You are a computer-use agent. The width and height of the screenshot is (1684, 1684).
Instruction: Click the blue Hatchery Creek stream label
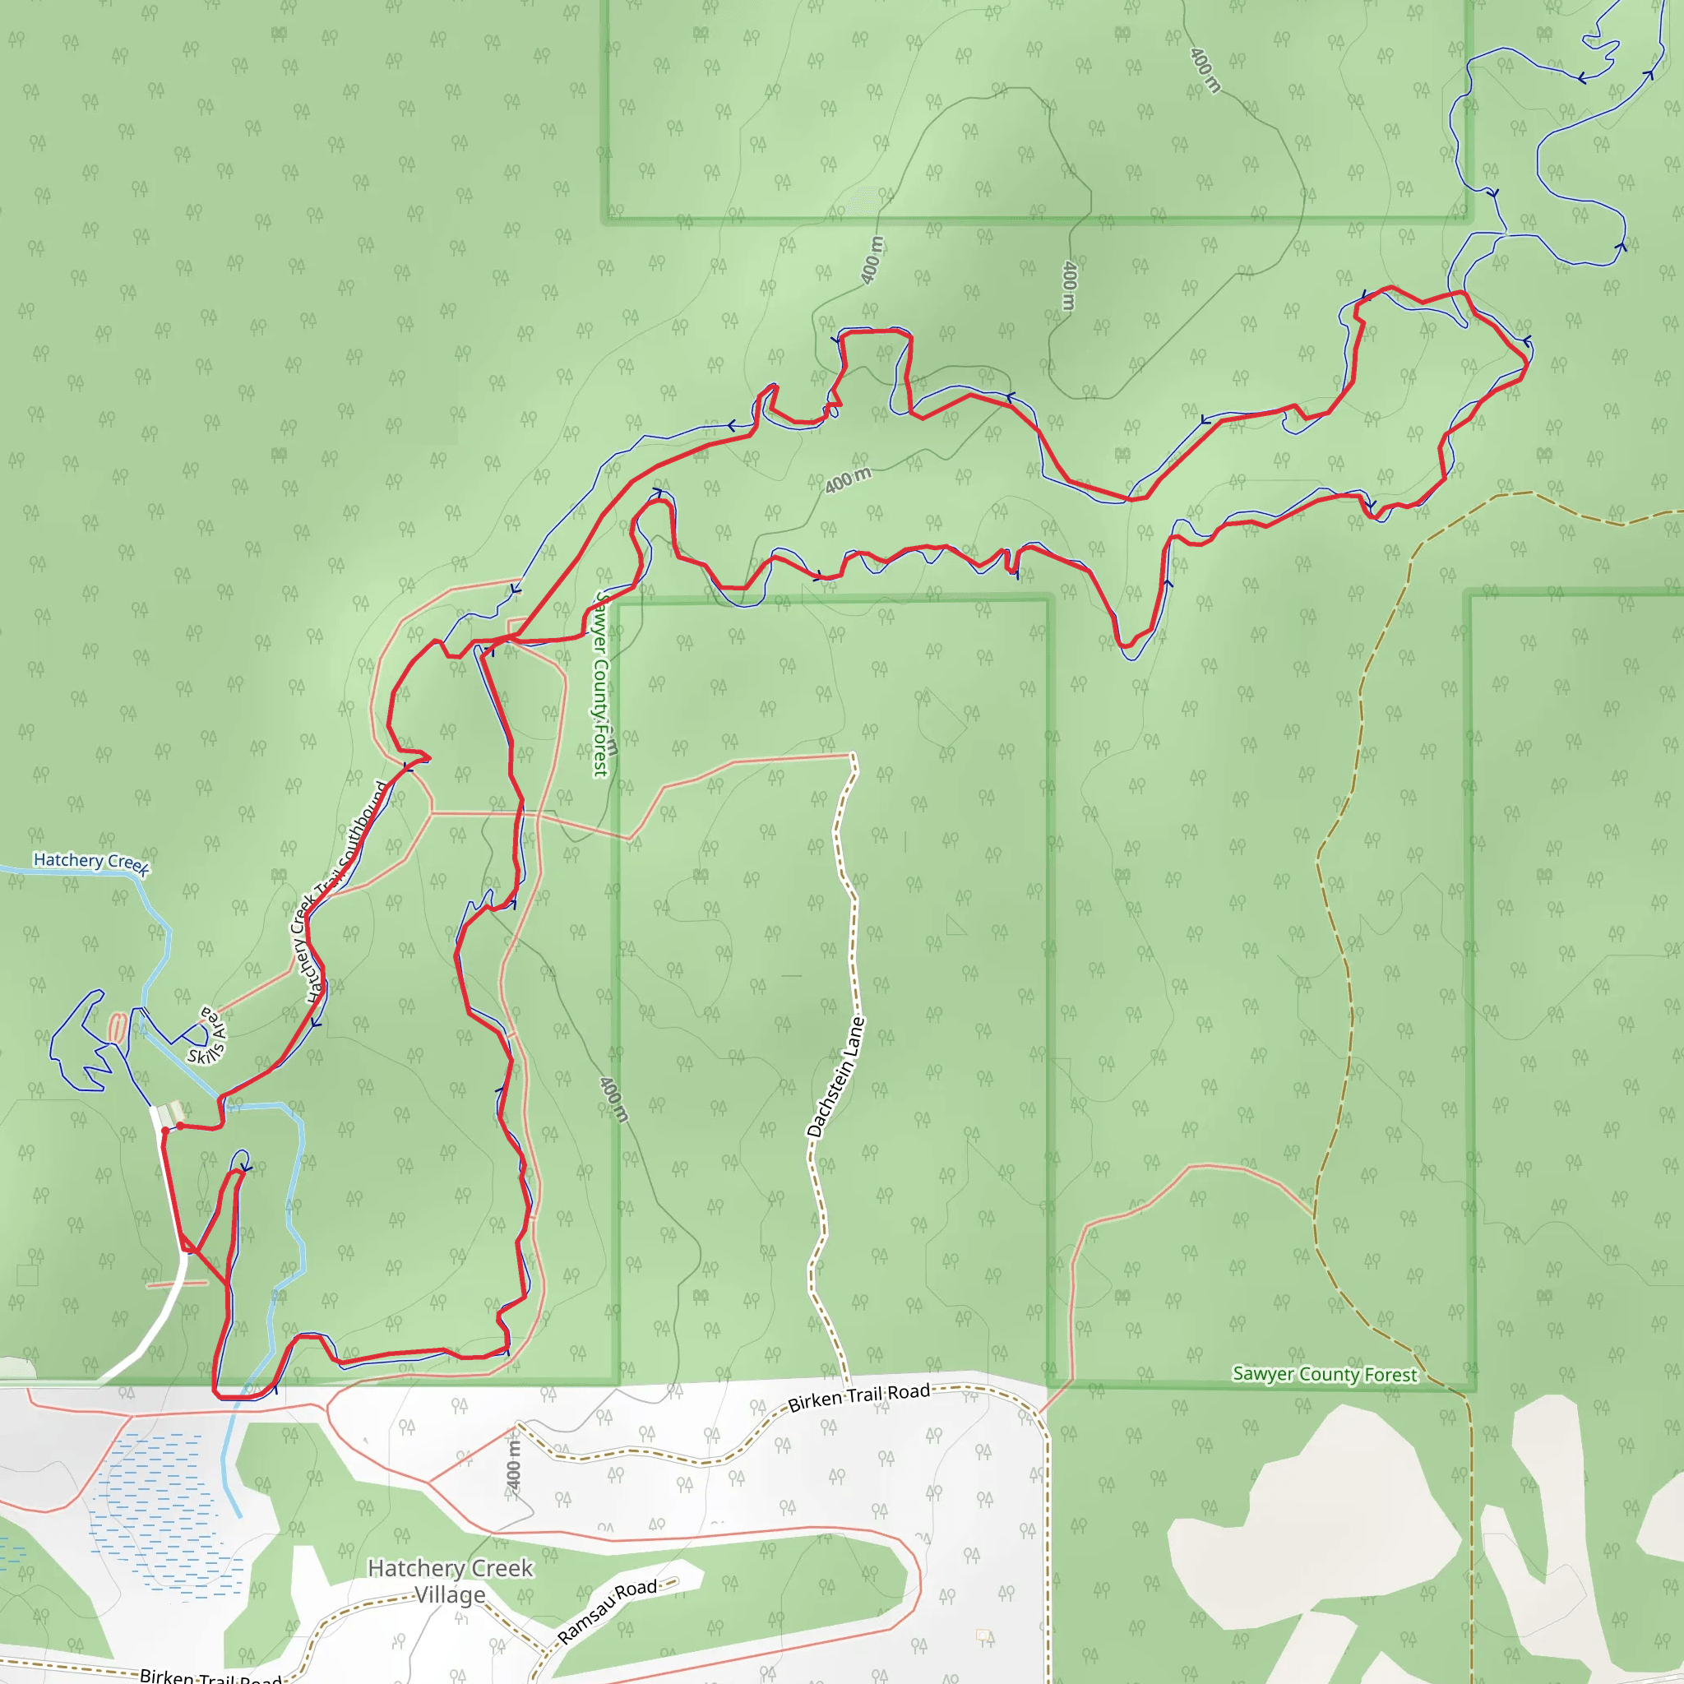[91, 862]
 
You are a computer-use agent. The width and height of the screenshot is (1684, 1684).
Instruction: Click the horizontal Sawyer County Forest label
[1324, 1375]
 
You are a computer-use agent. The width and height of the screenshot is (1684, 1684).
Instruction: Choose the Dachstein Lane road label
[835, 1077]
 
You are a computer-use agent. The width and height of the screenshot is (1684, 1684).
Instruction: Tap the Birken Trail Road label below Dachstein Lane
[858, 1397]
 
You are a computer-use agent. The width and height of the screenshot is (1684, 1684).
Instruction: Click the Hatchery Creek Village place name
[450, 1581]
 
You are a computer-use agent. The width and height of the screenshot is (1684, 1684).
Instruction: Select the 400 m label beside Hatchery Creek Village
[513, 1465]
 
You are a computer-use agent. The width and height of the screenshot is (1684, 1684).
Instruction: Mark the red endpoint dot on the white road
[164, 1131]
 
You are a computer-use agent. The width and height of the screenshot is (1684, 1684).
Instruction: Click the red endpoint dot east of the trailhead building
[179, 1127]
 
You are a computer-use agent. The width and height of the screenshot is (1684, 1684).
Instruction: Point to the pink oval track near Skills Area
[116, 1027]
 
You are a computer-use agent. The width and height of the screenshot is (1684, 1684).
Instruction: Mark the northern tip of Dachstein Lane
[853, 755]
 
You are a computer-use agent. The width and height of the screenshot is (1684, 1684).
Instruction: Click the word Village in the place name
[450, 1595]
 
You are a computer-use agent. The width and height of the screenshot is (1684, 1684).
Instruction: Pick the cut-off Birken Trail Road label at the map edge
[209, 1675]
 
